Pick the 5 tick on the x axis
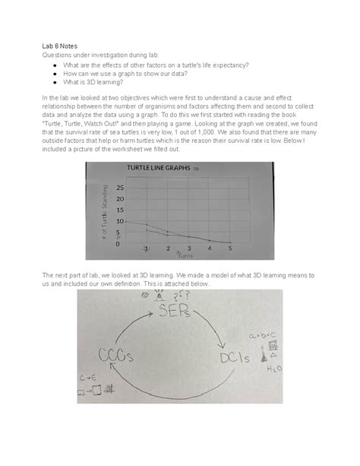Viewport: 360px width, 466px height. (x=229, y=248)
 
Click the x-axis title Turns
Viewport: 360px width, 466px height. (x=186, y=256)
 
